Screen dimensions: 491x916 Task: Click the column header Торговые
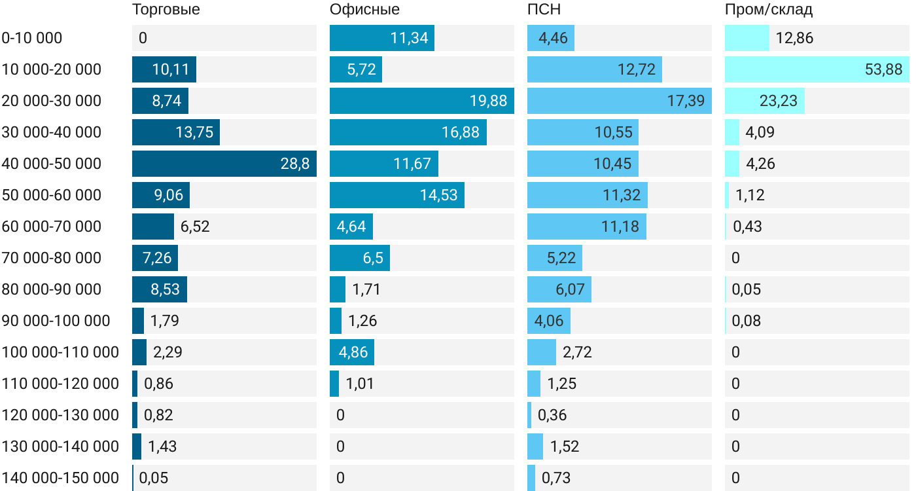coord(166,10)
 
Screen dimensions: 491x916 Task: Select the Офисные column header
coord(364,10)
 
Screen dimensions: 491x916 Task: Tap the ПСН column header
coord(544,10)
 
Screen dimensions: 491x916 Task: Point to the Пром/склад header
coord(768,10)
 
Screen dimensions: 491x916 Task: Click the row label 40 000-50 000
coord(52,164)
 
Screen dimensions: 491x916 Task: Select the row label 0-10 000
coord(32,38)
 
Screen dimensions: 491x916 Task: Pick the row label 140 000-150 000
coord(60,478)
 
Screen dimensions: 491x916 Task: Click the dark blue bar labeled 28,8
coord(224,164)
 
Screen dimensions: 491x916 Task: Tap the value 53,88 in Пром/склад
coord(883,69)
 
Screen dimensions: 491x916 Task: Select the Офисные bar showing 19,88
coord(422,101)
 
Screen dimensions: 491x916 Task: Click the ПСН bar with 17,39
coord(620,101)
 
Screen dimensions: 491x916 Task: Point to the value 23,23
coord(779,101)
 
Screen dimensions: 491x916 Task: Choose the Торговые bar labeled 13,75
coord(176,132)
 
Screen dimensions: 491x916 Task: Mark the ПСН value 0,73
coord(556,478)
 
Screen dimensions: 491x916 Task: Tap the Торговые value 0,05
coord(154,478)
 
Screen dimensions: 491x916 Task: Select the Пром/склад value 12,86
coord(794,38)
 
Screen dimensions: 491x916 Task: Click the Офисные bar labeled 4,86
coord(352,352)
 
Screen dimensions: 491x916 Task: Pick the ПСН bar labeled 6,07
coord(559,289)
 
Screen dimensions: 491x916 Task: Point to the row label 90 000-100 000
coord(56,321)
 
